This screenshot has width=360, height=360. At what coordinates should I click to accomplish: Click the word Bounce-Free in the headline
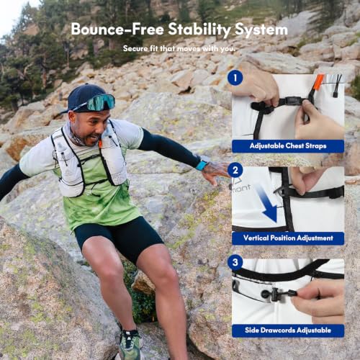pos(117,29)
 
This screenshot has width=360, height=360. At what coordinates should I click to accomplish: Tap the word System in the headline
pos(261,30)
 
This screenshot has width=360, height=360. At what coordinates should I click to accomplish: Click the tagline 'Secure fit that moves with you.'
pos(179,49)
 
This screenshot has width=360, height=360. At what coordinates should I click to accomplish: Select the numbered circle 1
pos(235,78)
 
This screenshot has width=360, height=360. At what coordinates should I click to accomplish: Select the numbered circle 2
pos(235,170)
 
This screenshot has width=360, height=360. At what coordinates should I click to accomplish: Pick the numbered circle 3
pos(235,262)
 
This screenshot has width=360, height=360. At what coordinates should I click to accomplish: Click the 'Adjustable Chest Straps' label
pos(288,146)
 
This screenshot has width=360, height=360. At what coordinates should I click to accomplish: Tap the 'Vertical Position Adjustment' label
pos(288,238)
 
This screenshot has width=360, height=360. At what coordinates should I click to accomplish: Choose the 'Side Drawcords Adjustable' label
pos(288,330)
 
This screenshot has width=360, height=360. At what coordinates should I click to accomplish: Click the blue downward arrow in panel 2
pos(266,204)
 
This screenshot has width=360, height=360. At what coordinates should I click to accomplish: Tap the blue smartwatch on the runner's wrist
pos(201,165)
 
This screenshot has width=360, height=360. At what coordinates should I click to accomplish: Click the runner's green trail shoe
pos(130,344)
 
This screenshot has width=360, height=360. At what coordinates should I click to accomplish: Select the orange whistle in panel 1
pos(318,83)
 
